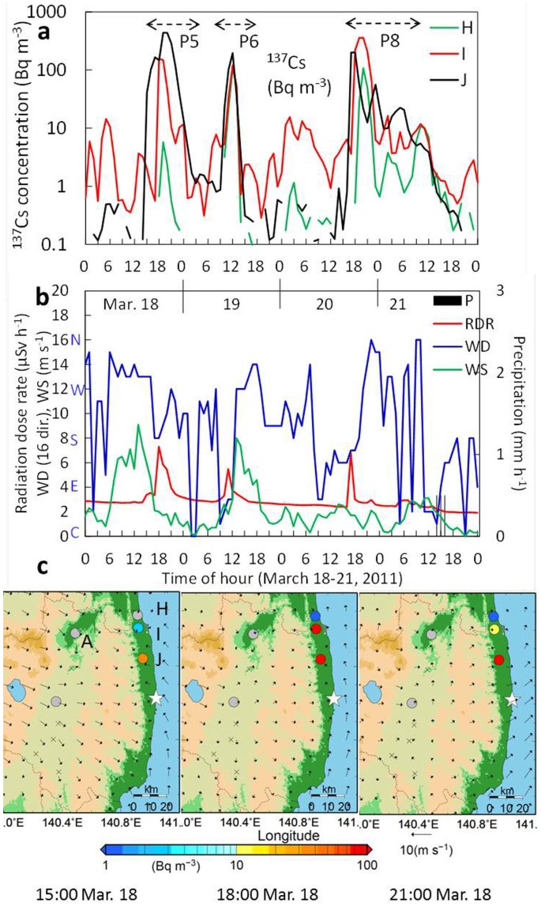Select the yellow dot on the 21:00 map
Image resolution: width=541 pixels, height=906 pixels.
494,629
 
